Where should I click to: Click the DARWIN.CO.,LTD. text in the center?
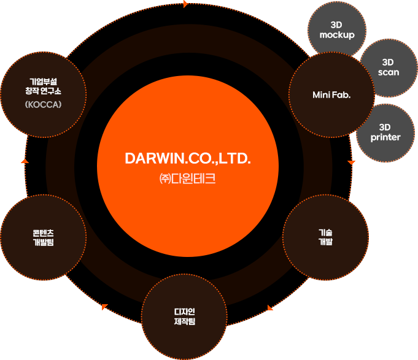[x=188, y=158]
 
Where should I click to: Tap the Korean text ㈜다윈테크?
[x=188, y=179]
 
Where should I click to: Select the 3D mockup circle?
[x=337, y=29]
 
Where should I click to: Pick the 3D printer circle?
[x=385, y=132]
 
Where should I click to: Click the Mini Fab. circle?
[x=331, y=94]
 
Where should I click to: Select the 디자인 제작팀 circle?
[x=184, y=316]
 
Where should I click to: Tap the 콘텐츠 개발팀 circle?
[x=44, y=237]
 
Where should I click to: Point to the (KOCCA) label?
[x=44, y=104]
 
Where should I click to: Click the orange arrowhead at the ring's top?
[x=185, y=4]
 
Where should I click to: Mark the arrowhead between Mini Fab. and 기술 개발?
[x=352, y=163]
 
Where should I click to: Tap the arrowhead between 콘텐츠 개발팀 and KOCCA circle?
[x=24, y=161]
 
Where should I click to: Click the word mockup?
[x=337, y=35]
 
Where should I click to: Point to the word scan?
[x=388, y=72]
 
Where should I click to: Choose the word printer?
[x=385, y=137]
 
